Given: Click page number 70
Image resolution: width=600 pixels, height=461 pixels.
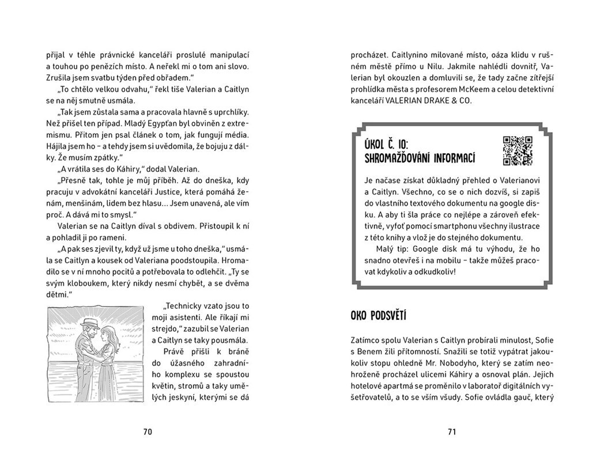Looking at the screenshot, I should [x=147, y=432].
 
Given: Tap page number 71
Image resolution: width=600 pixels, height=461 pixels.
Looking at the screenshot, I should [x=451, y=432].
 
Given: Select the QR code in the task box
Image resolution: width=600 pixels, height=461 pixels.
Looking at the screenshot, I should [x=518, y=151].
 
